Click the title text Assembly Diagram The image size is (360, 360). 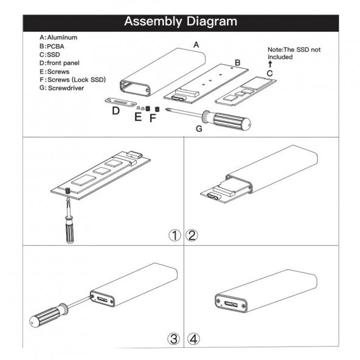pos(181,21)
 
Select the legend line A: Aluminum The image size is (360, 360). pos(58,38)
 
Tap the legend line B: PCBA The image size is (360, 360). pos(52,46)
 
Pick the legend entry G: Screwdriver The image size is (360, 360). pos(62,88)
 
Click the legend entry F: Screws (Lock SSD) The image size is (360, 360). pos(72,80)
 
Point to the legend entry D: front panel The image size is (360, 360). pos(59,63)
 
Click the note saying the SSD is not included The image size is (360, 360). pos(294,54)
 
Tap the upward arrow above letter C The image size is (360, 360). pos(270,64)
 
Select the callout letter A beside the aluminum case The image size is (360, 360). pos(196,44)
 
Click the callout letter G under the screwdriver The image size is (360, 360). pos(199,128)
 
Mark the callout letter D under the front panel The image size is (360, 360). pos(116,111)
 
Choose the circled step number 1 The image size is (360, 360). pos(175,235)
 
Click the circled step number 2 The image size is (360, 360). pos(192,235)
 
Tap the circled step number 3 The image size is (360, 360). pos(173,339)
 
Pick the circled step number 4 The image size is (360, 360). pos(193,339)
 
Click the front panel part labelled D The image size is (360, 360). pos(121,102)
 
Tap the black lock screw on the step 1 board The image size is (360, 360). pos(67,190)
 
